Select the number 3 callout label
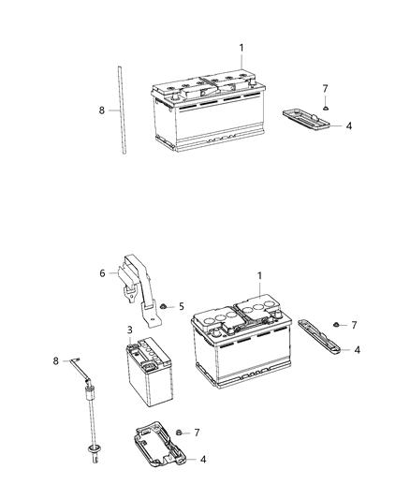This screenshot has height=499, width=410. point(131,330)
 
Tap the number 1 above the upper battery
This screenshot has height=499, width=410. point(241,47)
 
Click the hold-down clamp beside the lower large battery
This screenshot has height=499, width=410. point(320,338)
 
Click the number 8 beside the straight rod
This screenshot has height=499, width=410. point(102,110)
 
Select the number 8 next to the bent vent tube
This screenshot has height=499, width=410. point(56,360)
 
